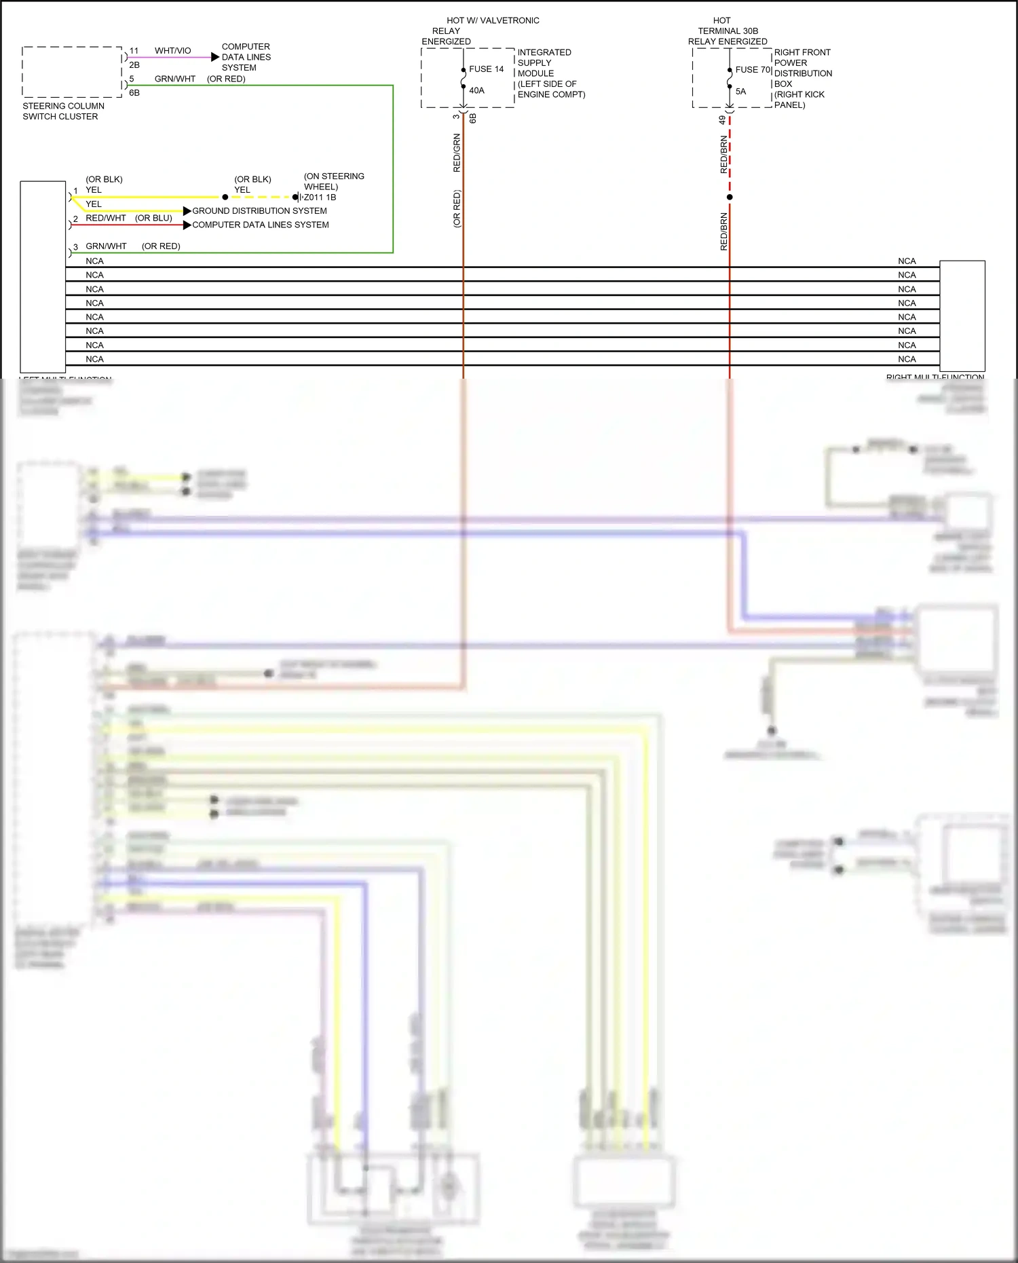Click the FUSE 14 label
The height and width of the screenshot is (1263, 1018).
(x=486, y=69)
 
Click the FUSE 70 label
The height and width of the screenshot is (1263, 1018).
(x=753, y=70)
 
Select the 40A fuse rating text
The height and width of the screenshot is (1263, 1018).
(x=476, y=90)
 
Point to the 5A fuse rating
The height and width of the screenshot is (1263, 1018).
(x=740, y=92)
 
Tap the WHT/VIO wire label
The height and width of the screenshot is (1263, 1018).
(x=172, y=51)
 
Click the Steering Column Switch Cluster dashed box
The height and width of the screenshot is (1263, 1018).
(x=72, y=72)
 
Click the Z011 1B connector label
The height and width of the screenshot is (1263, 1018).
(x=320, y=197)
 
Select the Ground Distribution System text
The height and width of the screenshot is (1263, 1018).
(x=259, y=211)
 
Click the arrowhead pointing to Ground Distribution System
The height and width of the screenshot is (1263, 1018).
(x=187, y=211)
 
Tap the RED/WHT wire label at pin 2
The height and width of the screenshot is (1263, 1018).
(x=106, y=219)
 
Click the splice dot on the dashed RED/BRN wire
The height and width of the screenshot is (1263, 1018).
(x=730, y=197)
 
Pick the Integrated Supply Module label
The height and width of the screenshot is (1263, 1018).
(x=550, y=73)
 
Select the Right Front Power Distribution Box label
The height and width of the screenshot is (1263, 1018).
(x=802, y=79)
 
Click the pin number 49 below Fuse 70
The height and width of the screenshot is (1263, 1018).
(x=722, y=120)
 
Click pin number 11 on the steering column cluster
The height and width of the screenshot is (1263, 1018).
(x=134, y=51)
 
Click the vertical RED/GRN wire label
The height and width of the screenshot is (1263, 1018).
(x=457, y=153)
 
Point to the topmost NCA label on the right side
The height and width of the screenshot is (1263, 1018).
(x=907, y=261)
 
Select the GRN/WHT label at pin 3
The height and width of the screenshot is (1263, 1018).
(x=106, y=246)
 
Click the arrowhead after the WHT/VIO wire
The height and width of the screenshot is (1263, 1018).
(x=215, y=58)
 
